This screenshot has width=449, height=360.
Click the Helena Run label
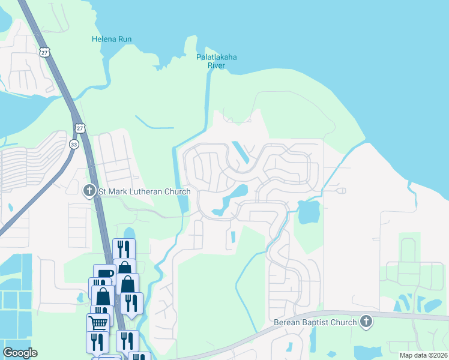click(112, 40)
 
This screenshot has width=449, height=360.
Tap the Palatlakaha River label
click(217, 61)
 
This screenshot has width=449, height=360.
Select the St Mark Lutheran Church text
click(144, 191)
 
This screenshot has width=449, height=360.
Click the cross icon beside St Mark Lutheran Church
click(89, 191)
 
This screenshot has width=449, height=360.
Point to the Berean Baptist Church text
click(315, 322)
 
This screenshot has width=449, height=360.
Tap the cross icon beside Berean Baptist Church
click(366, 322)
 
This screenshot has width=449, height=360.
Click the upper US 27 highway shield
click(45, 52)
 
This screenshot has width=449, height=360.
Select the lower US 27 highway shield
click(80, 128)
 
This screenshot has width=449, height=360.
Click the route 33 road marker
click(74, 144)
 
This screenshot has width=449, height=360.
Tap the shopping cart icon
click(98, 323)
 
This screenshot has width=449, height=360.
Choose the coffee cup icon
click(104, 274)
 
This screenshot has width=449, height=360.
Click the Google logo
click(20, 353)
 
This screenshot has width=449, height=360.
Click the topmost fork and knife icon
click(124, 248)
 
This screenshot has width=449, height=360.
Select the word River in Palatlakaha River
click(217, 65)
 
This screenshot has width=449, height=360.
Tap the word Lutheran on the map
click(149, 191)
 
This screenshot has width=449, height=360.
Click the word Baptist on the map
click(318, 322)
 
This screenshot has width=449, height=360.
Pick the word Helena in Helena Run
click(103, 40)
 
